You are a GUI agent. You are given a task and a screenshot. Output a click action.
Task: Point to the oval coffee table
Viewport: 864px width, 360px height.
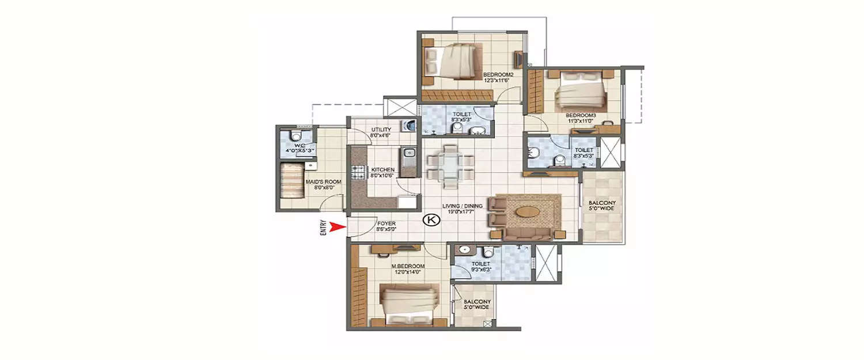pyautogui.click(x=529, y=211)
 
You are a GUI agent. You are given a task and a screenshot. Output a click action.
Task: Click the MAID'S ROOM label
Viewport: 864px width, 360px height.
pyautogui.click(x=323, y=181)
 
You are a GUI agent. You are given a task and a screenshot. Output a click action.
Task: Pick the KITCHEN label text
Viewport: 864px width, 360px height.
pyautogui.click(x=382, y=169)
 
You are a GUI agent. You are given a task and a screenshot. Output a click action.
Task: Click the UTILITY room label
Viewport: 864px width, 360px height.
pyautogui.click(x=381, y=130)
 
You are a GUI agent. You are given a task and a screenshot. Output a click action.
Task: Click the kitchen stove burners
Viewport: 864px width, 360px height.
pyautogui.click(x=358, y=171)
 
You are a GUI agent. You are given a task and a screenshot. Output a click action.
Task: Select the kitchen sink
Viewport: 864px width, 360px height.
pyautogui.click(x=408, y=154)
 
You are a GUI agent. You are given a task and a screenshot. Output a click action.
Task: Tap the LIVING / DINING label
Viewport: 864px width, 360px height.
pyautogui.click(x=463, y=206)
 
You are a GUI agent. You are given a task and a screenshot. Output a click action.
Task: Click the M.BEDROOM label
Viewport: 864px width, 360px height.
pyautogui.click(x=409, y=266)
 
